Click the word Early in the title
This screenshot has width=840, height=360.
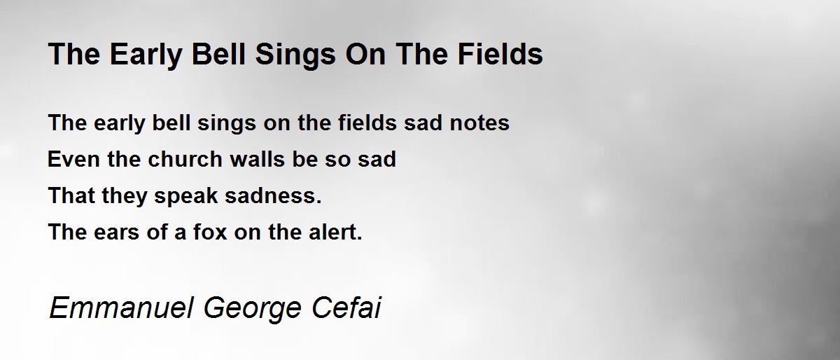(146, 55)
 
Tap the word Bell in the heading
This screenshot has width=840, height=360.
(218, 54)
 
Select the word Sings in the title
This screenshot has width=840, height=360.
(295, 55)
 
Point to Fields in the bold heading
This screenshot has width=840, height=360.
(500, 54)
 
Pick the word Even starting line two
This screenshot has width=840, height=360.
(73, 159)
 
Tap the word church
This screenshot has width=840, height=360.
(185, 159)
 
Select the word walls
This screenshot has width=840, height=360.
(258, 159)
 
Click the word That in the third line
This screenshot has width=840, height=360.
(71, 195)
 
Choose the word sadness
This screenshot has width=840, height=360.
(273, 195)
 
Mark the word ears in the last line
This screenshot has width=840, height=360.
(117, 233)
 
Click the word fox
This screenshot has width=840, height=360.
(211, 232)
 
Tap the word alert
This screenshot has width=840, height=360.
(335, 232)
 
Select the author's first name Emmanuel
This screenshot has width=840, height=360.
(122, 308)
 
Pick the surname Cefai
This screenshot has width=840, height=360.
(346, 308)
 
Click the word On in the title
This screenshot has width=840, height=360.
(365, 54)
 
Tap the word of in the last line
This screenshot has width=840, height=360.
(157, 232)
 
